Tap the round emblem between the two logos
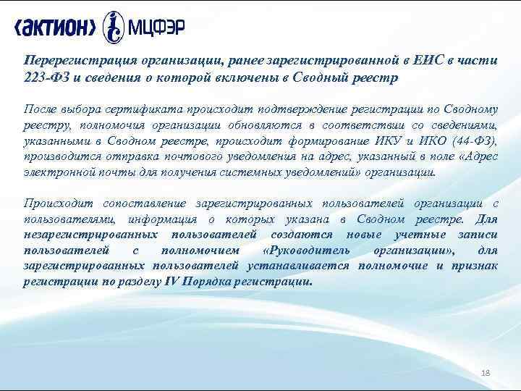click(113, 27)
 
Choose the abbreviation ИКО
click(431, 142)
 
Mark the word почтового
click(232, 158)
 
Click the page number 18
click(486, 372)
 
